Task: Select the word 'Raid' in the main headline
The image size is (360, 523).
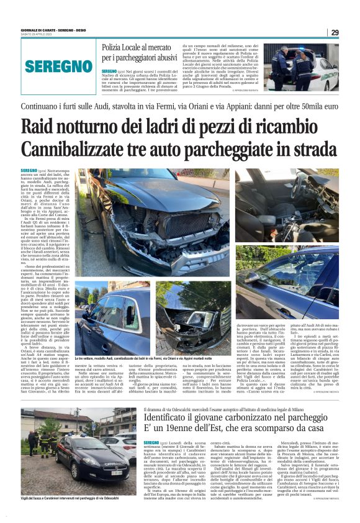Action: (x=41, y=127)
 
